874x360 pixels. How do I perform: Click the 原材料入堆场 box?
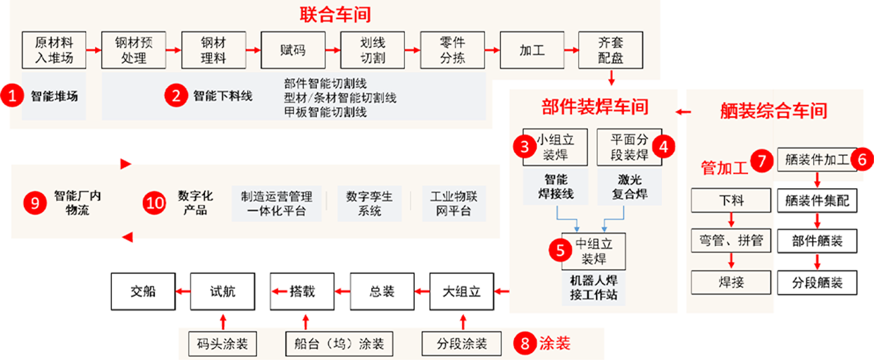[54, 50]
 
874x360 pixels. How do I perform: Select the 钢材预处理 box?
[134, 50]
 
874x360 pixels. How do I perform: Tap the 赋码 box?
[292, 50]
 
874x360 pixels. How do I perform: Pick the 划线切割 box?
[372, 50]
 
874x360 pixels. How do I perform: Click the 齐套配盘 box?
[610, 50]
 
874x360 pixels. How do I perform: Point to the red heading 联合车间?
[335, 14]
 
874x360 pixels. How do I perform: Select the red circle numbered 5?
[561, 249]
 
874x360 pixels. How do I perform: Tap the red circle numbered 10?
[154, 203]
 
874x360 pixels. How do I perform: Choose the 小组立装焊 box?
[554, 147]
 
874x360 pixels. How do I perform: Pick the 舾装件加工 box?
[817, 159]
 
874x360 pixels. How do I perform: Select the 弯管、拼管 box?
[732, 242]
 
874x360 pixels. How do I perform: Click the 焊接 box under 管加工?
[732, 283]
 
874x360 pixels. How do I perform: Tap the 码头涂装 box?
[223, 344]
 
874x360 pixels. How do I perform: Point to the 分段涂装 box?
[461, 344]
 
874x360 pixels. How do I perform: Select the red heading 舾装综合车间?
[773, 111]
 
